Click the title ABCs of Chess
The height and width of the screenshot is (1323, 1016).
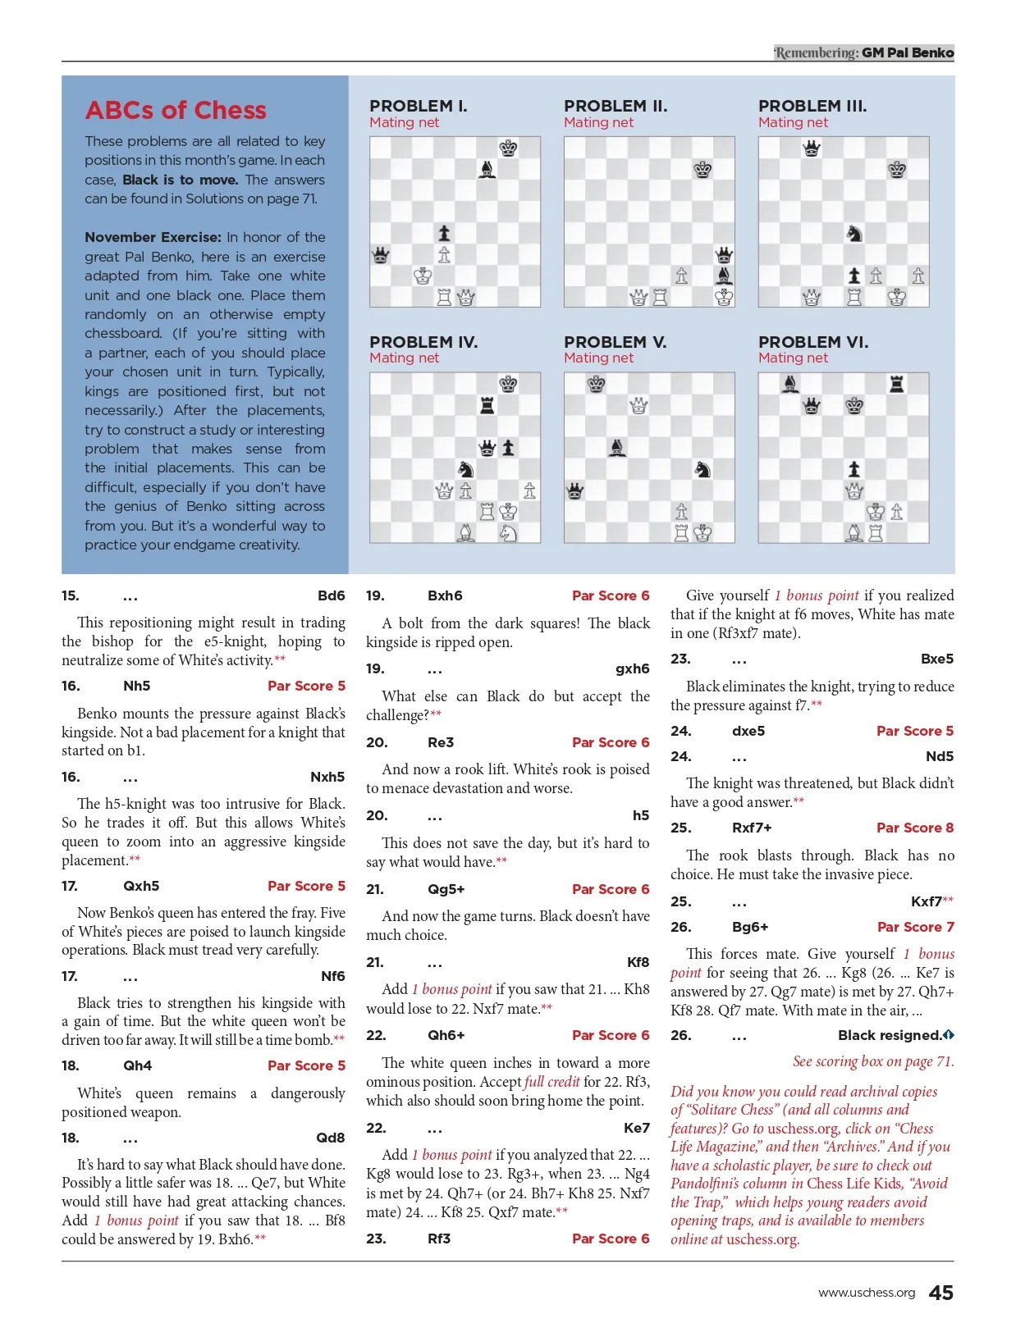click(x=176, y=111)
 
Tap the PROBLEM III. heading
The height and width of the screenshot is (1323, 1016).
click(x=812, y=106)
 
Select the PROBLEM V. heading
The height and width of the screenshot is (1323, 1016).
click(x=615, y=342)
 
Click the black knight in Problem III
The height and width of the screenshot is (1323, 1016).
click(x=854, y=233)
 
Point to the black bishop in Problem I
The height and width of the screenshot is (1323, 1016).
click(x=487, y=169)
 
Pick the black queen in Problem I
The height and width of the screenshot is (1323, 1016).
click(x=381, y=254)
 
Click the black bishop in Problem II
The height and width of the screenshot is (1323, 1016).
click(x=724, y=276)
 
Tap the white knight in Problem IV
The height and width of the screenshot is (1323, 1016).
click(x=509, y=532)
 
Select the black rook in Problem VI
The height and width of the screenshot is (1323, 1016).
click(x=897, y=383)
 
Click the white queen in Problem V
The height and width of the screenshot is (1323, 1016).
click(x=638, y=404)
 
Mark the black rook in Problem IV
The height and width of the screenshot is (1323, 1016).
click(x=487, y=404)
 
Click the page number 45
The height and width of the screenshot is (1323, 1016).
click(x=940, y=1293)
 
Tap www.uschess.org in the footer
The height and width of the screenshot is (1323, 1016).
click(x=867, y=1293)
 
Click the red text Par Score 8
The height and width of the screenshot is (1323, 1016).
click(x=914, y=828)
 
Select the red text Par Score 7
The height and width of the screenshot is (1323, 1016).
click(x=915, y=927)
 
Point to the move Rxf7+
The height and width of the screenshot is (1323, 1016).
click(x=752, y=828)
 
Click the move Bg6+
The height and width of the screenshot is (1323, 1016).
click(x=750, y=927)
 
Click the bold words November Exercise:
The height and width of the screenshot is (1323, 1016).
click(x=153, y=237)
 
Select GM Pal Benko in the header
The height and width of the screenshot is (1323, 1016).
click(x=908, y=52)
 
